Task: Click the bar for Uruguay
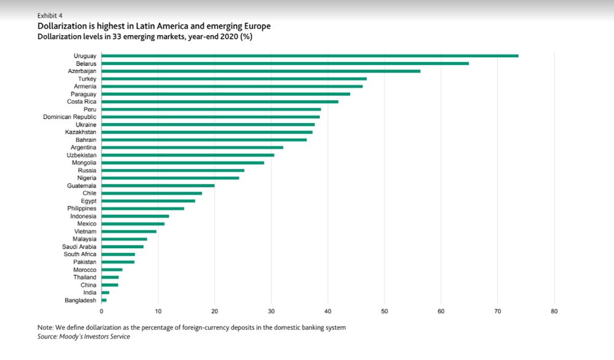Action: click(310, 56)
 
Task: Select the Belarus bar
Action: click(285, 63)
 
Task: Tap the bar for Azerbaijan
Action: click(261, 71)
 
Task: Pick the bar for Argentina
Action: click(192, 147)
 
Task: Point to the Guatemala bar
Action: click(158, 186)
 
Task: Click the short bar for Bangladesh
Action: click(104, 300)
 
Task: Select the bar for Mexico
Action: click(133, 224)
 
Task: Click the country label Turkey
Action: click(87, 79)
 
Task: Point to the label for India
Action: click(90, 292)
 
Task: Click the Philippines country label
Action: click(82, 208)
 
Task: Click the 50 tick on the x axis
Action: click(384, 311)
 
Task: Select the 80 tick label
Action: click(554, 311)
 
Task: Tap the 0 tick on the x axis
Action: click(102, 311)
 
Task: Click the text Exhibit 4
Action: click(50, 15)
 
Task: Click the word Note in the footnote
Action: click(46, 327)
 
